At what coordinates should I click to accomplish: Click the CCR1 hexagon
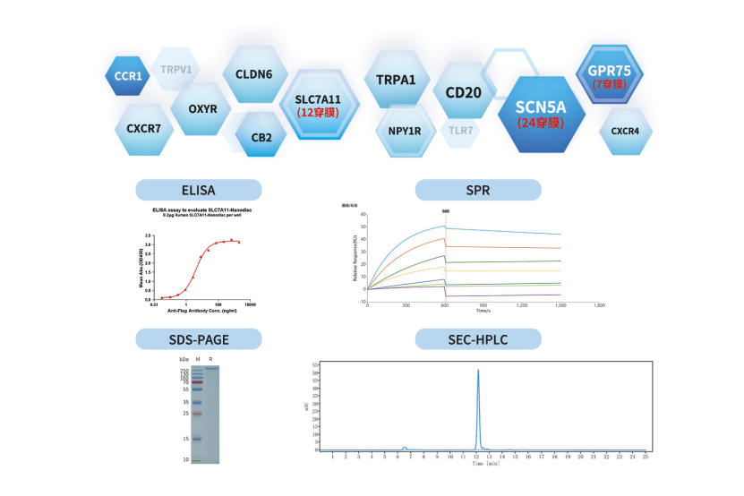[x=128, y=76]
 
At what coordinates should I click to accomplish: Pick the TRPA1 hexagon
[x=396, y=80]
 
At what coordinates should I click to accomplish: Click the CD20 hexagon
[x=464, y=91]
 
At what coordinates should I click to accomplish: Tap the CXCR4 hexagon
[x=625, y=132]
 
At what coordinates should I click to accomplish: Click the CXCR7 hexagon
[x=143, y=128]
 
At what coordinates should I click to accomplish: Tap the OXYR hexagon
[x=203, y=109]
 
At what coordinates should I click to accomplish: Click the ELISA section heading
[x=198, y=190]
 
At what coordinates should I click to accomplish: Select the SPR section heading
[x=477, y=190]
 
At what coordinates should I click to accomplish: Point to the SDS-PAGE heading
[x=198, y=338]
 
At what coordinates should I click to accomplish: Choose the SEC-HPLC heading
[x=477, y=338]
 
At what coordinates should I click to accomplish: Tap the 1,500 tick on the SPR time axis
[x=561, y=305]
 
